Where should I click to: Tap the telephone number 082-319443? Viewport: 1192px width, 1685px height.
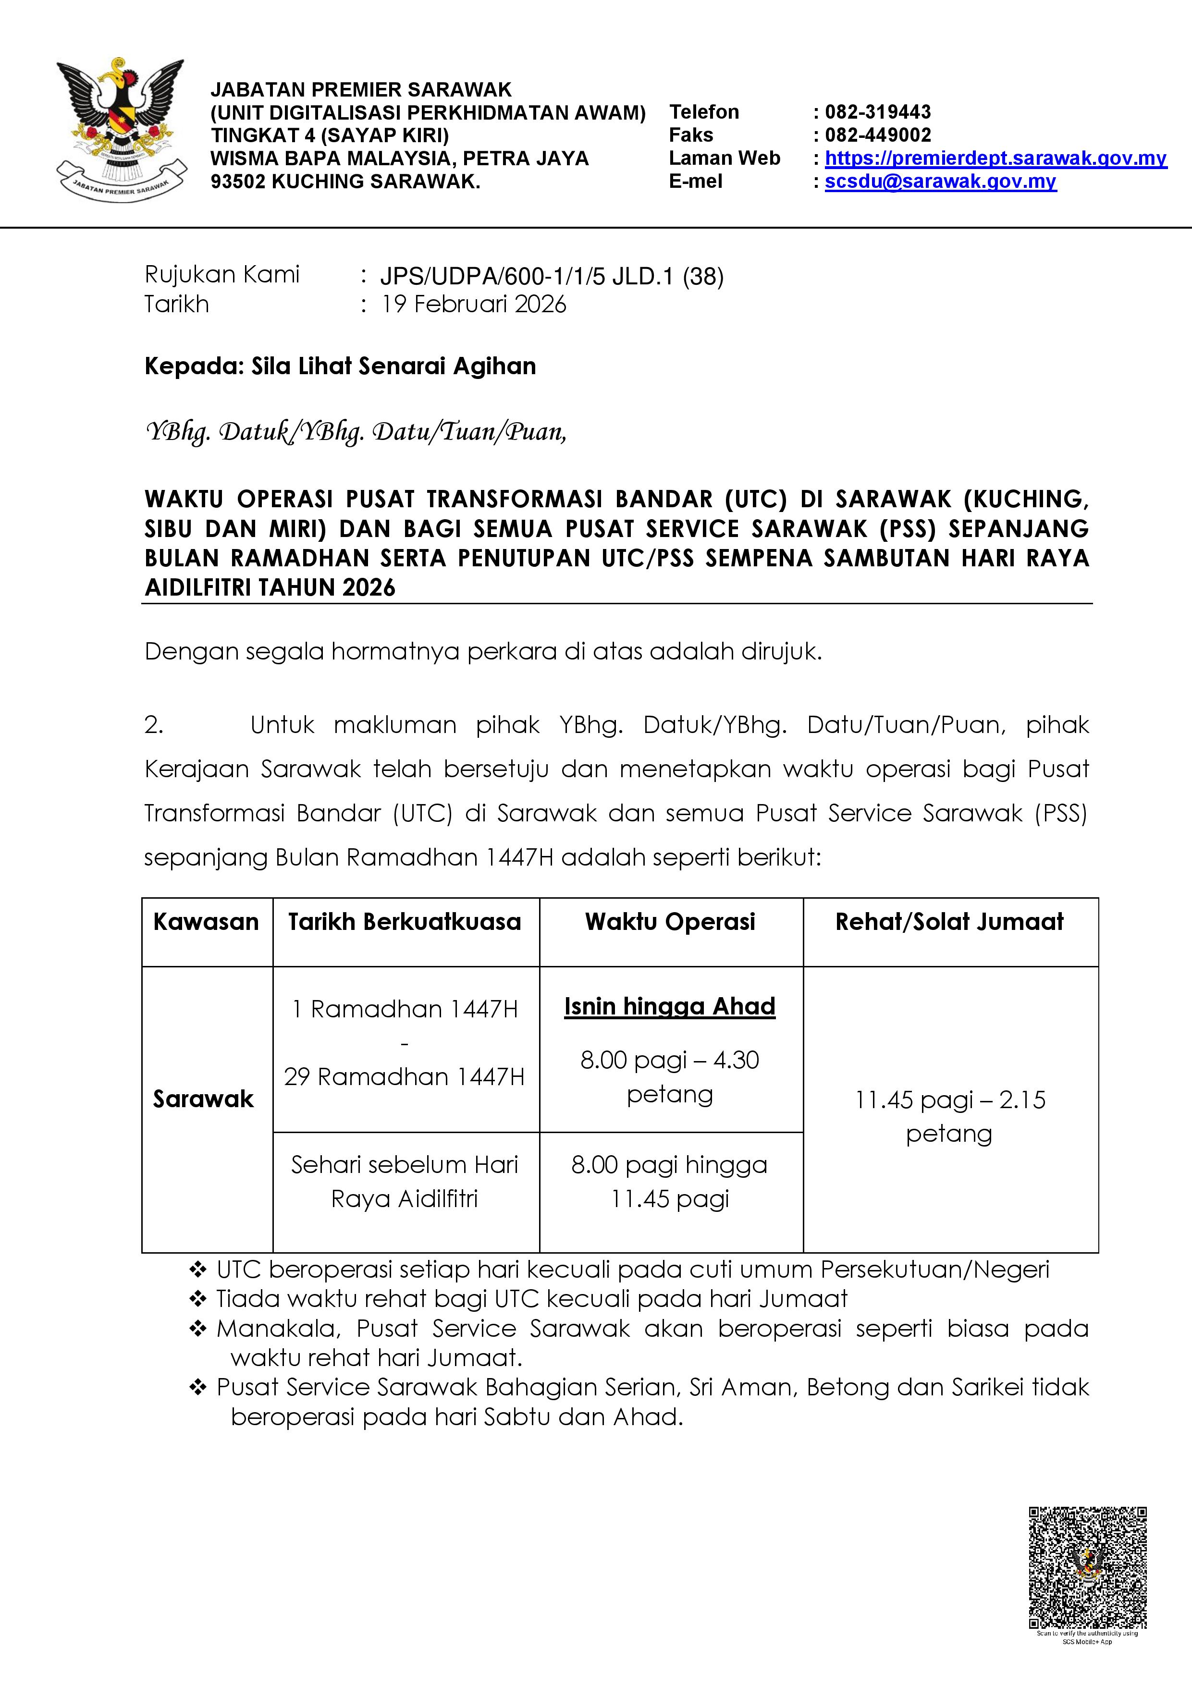877,112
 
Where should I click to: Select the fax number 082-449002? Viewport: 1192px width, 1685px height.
877,135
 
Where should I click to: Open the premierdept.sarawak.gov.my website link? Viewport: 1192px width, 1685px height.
995,159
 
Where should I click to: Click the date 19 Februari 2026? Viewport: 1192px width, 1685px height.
473,305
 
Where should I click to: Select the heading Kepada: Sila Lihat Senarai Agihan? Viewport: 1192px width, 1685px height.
340,366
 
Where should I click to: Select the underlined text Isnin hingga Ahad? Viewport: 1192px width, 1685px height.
669,1006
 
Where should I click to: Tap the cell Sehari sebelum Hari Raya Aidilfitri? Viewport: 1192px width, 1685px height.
405,1182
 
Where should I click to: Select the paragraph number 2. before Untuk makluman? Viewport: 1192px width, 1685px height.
154,725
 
